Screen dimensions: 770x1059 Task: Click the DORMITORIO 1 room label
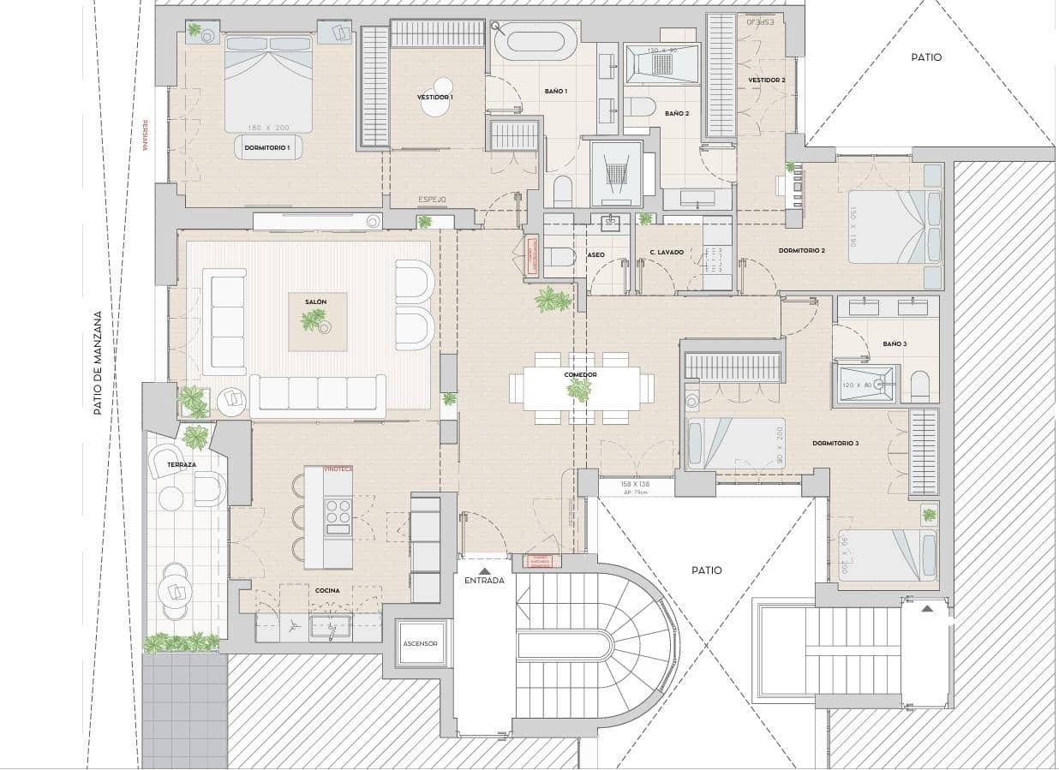(267, 148)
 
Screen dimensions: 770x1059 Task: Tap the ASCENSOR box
(421, 643)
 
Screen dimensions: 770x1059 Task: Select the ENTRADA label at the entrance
(484, 580)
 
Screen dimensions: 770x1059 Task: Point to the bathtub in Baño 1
(535, 41)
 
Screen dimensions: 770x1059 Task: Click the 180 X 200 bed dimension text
(268, 128)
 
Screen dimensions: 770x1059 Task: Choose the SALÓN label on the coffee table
(315, 302)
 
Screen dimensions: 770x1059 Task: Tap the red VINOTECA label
(338, 469)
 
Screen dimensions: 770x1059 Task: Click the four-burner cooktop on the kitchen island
(338, 511)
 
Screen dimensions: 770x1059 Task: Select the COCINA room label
(326, 590)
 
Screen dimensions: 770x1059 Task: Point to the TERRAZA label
(182, 464)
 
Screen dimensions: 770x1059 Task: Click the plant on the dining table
(580, 391)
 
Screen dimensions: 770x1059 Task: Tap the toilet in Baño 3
(919, 387)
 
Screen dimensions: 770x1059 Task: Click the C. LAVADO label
(667, 252)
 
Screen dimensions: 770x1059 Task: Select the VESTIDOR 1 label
(435, 98)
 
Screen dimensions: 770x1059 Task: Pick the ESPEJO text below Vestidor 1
(432, 200)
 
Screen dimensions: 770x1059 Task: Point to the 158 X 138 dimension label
(636, 484)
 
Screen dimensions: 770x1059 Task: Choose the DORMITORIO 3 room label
(835, 443)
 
